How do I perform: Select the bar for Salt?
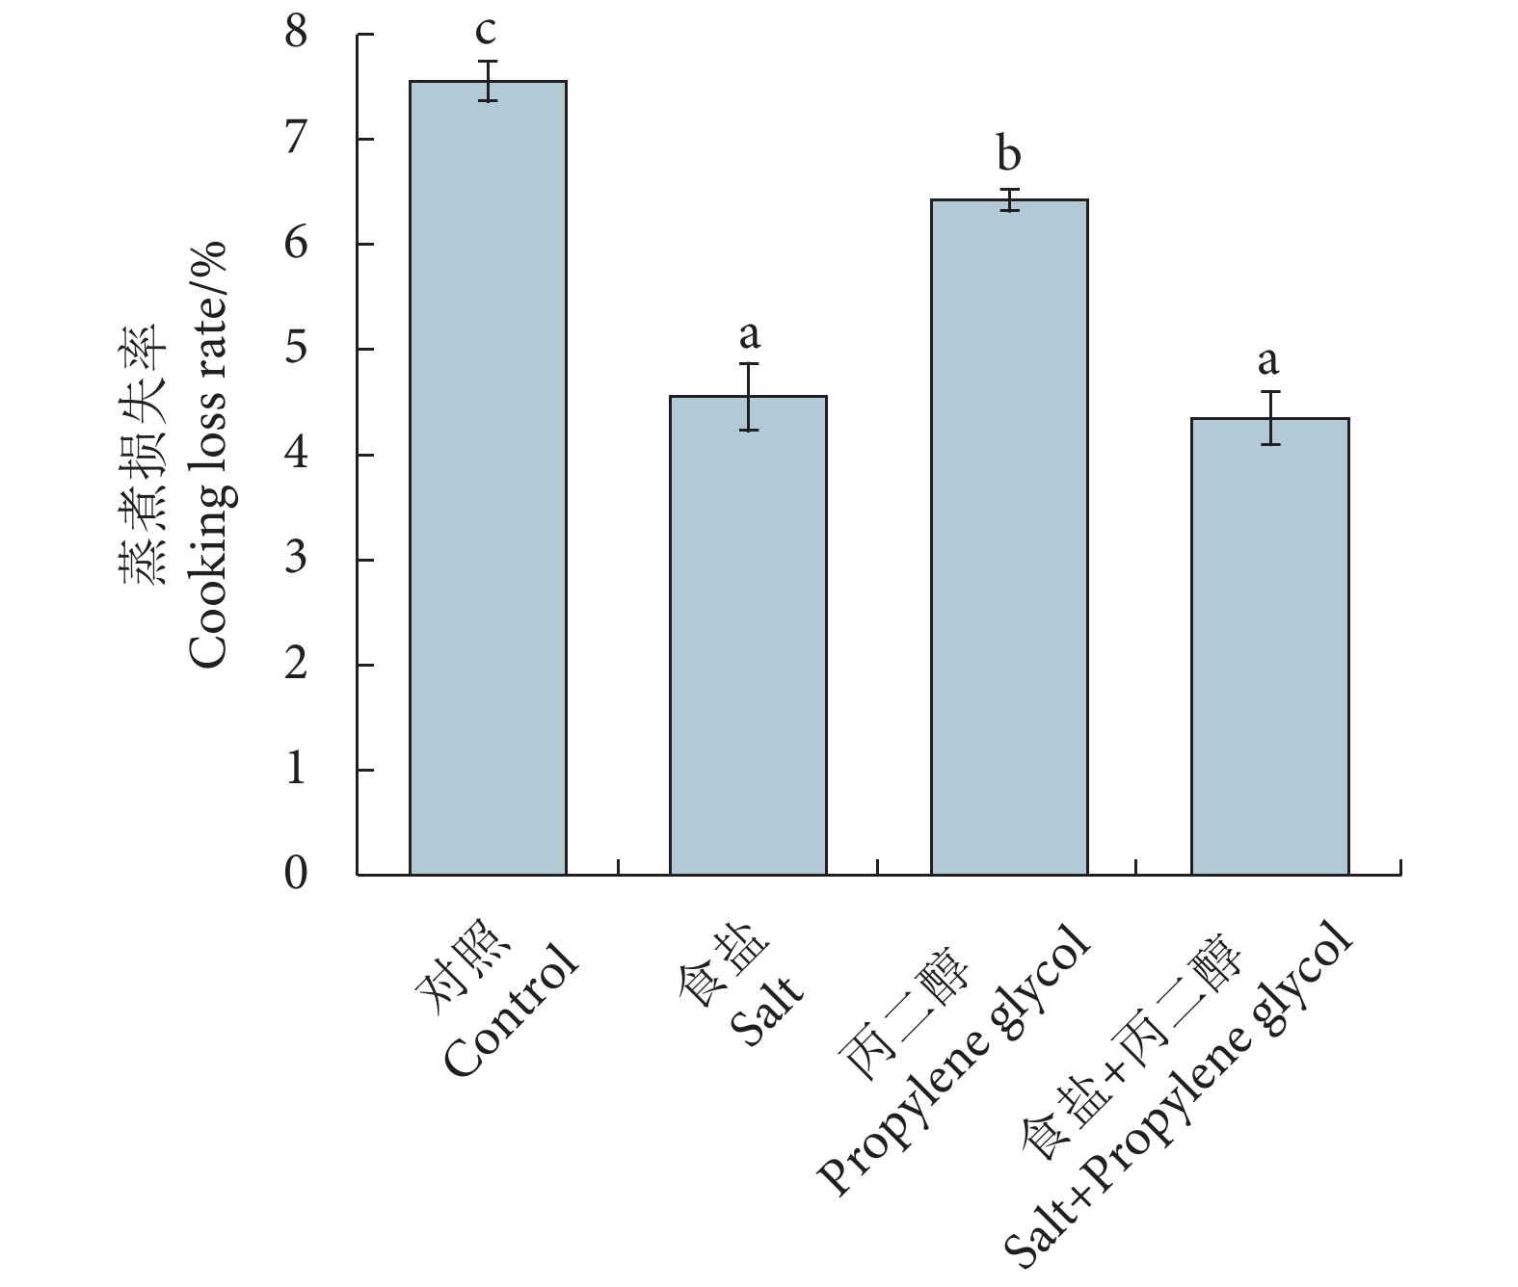click(x=748, y=636)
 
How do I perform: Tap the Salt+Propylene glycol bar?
click(x=1269, y=646)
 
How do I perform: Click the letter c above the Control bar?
click(x=487, y=31)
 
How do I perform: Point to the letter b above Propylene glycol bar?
click(x=1008, y=154)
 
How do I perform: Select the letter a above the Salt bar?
click(x=749, y=335)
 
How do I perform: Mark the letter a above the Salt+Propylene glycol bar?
click(x=1268, y=361)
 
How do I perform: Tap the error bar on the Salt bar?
click(x=749, y=396)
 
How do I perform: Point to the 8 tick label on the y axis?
click(x=296, y=35)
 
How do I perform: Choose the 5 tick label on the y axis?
click(x=296, y=349)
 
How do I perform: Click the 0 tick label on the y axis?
click(x=296, y=875)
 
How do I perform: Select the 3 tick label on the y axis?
click(x=296, y=560)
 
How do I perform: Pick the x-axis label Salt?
click(x=767, y=1017)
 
